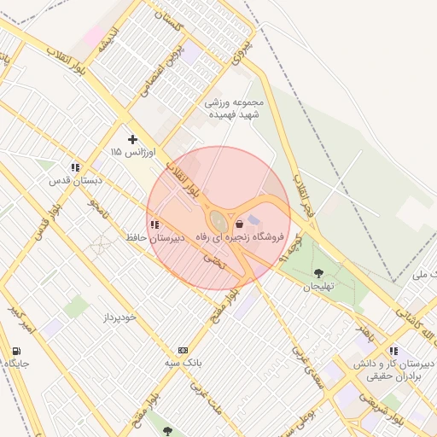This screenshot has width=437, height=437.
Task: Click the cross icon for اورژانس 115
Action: tap(132, 139)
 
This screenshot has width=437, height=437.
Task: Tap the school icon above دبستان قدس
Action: tap(76, 168)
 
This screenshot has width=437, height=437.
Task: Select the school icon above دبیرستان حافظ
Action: tap(153, 225)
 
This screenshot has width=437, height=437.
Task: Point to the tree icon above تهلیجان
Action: tap(319, 274)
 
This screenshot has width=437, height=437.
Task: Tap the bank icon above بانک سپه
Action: tap(183, 351)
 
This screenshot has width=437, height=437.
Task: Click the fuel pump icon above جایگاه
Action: tap(17, 352)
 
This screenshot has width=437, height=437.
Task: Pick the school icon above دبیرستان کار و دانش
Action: tap(393, 351)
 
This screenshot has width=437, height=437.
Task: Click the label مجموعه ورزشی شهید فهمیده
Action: tap(235, 109)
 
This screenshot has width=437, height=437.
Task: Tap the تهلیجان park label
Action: tap(321, 287)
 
